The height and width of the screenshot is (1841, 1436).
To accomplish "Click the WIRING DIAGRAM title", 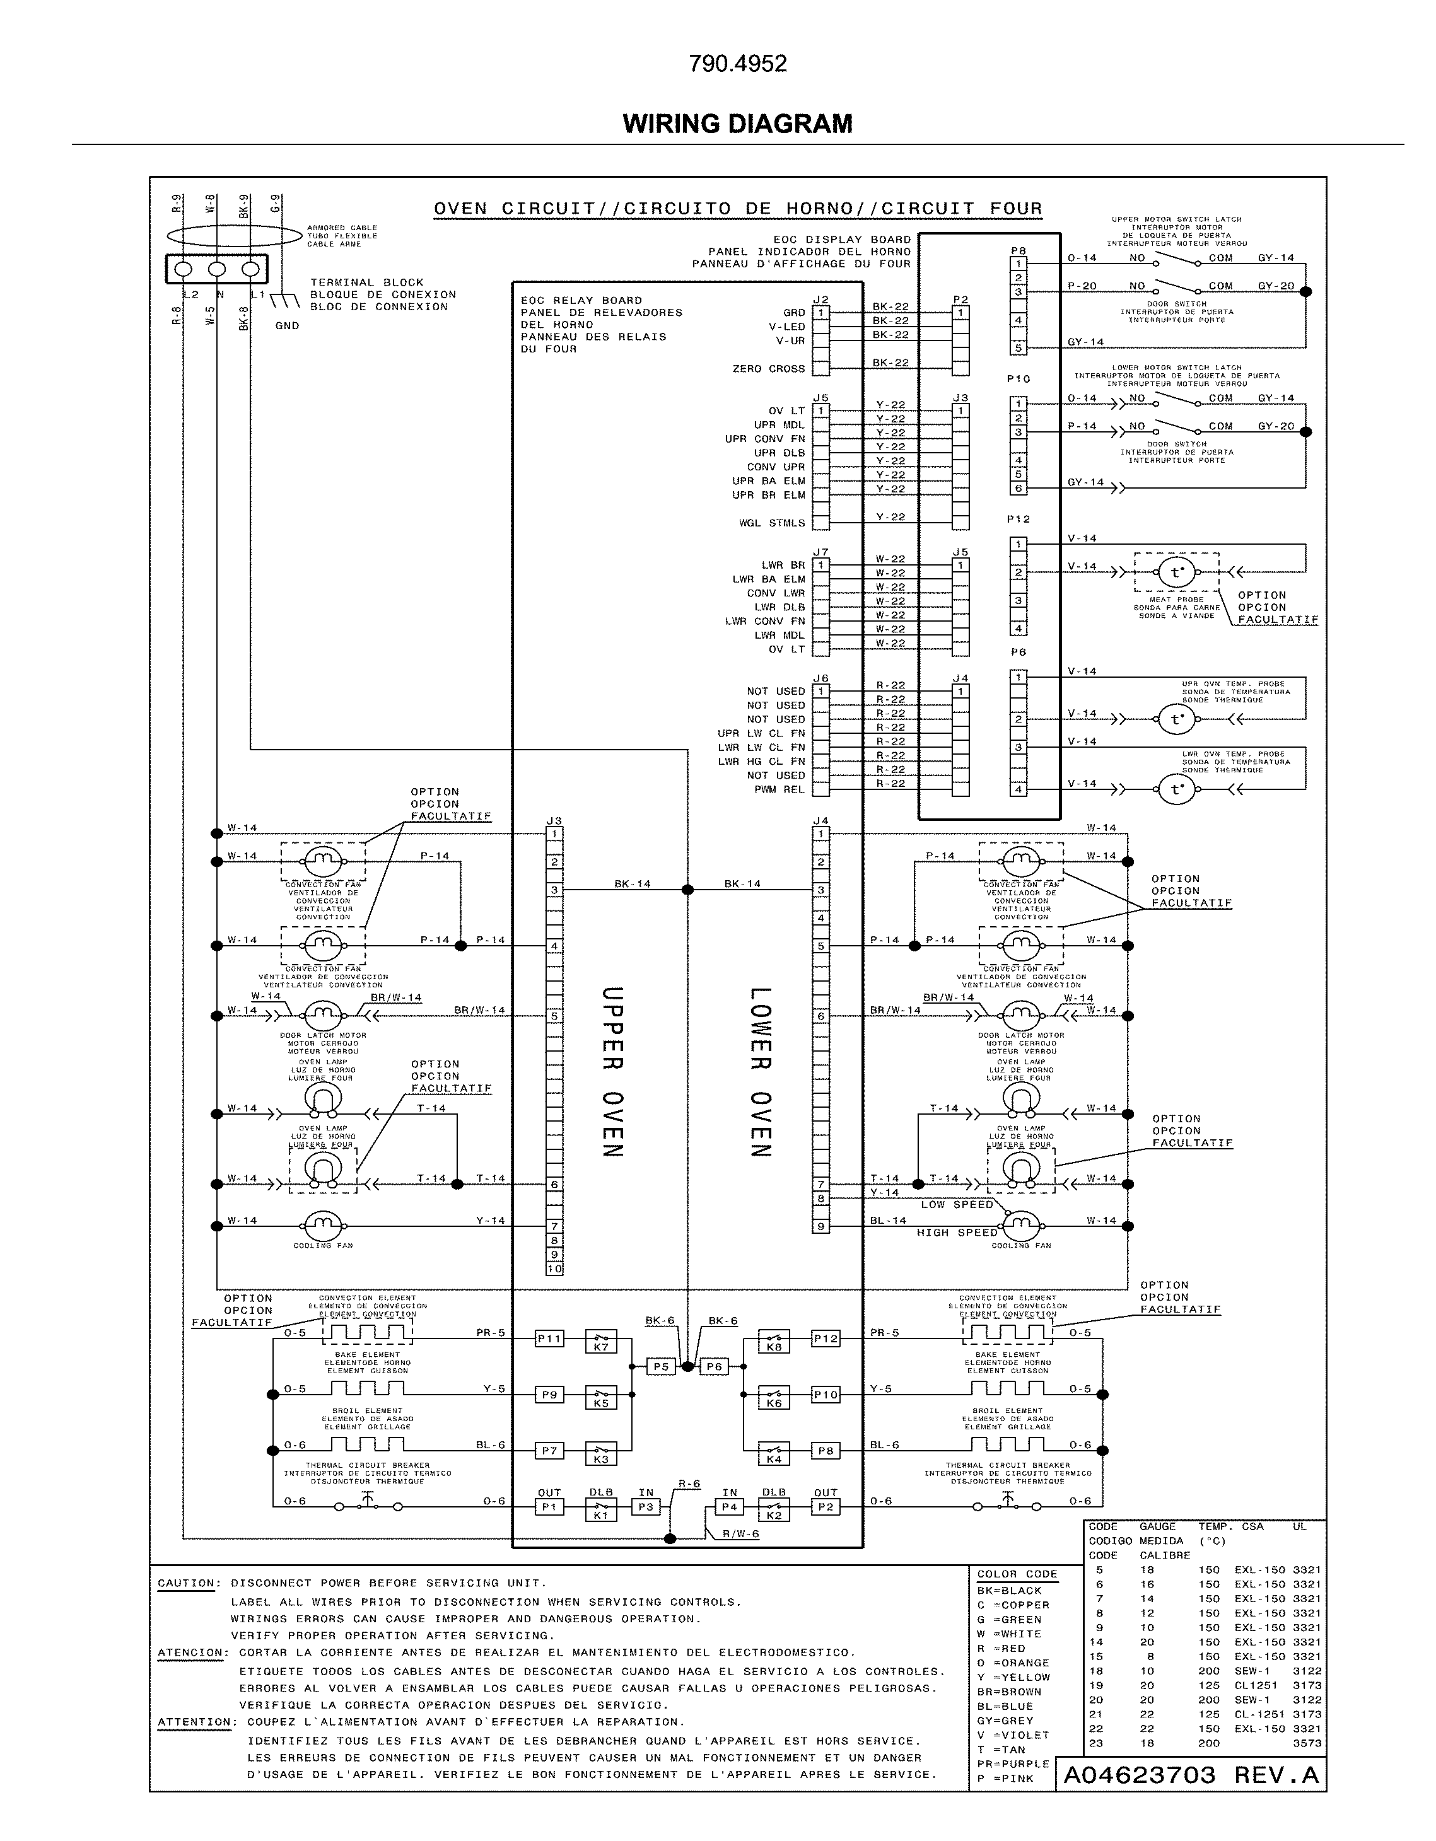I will [737, 124].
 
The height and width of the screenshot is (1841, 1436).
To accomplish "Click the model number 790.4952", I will [738, 64].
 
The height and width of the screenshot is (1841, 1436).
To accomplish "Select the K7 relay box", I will [600, 1341].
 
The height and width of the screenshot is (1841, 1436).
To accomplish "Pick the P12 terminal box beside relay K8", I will [826, 1339].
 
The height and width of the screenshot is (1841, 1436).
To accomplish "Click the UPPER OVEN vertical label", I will [612, 1071].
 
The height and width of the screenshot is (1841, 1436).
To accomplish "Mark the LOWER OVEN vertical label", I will [761, 1071].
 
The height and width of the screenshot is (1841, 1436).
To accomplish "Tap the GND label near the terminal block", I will [288, 326].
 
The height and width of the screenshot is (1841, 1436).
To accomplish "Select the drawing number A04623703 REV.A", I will [1191, 1774].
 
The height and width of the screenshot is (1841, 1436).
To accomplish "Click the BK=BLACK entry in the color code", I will [1009, 1591].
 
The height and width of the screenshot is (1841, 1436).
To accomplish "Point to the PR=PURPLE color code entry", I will [1013, 1763].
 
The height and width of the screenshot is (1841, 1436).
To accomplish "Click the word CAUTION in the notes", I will [189, 1583].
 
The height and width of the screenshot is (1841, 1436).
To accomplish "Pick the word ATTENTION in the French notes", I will [194, 1722].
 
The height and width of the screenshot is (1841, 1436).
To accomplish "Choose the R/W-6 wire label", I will [740, 1534].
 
